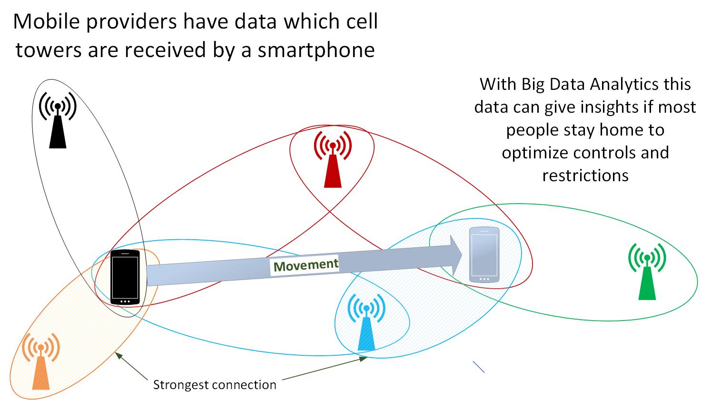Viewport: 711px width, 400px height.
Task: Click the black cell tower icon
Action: click(58, 120)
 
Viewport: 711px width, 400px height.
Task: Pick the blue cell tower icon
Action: click(366, 322)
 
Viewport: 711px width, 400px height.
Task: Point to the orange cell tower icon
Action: click(41, 361)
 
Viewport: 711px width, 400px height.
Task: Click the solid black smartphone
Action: click(125, 277)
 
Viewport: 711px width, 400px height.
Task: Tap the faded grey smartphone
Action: click(484, 254)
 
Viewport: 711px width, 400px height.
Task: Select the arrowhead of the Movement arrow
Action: click(456, 255)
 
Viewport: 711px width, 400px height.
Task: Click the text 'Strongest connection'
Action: click(215, 385)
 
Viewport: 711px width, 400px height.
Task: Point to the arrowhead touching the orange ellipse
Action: click(118, 355)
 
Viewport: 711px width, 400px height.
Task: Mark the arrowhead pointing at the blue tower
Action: click(363, 359)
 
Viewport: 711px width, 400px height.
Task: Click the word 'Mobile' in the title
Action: click(46, 21)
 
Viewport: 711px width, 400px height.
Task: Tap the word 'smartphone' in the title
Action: click(316, 50)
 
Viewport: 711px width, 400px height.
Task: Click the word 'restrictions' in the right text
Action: click(585, 176)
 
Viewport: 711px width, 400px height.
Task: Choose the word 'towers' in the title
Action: click(49, 50)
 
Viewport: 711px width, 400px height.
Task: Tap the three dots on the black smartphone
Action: click(125, 302)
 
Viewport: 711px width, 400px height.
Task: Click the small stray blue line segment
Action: click(479, 367)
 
